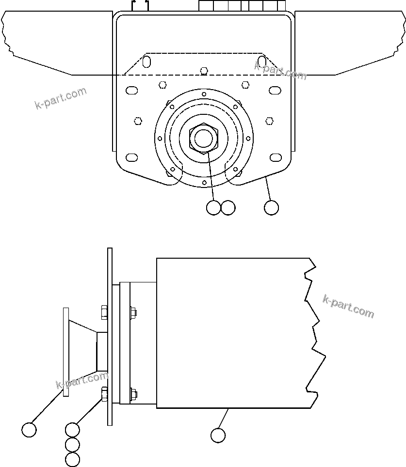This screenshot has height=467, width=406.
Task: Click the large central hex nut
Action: pos(204,138)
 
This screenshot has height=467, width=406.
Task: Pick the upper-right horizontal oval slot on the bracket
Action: pos(275,90)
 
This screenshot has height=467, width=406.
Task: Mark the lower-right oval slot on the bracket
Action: pos(275,157)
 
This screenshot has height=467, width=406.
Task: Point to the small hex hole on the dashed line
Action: pos(204,71)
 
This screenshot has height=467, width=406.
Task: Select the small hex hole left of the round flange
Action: pos(138,120)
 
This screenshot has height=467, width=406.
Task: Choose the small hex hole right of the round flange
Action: pos(270,120)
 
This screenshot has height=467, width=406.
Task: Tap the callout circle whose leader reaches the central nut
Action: pos(213,208)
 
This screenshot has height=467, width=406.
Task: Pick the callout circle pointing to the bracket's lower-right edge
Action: pos(272,208)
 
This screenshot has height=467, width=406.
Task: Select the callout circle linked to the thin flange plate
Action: pos(29,430)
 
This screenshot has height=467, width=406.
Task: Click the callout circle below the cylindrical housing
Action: pos(218,435)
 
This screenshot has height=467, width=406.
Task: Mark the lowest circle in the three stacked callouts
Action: pos(72,459)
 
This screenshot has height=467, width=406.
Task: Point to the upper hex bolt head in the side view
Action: pos(104,312)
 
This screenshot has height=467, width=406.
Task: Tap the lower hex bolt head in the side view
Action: pos(104,395)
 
